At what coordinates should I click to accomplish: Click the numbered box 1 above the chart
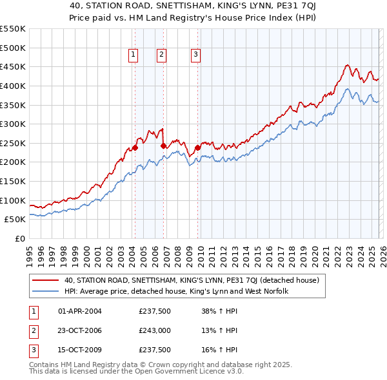point(133,55)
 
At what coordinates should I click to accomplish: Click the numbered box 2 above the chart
point(161,55)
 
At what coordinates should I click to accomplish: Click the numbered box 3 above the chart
point(195,55)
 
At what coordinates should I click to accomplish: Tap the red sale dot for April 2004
point(135,147)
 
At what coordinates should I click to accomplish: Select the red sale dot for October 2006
point(164,146)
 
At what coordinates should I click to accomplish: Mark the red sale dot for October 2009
point(198,147)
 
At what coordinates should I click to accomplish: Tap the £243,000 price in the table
point(155,330)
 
